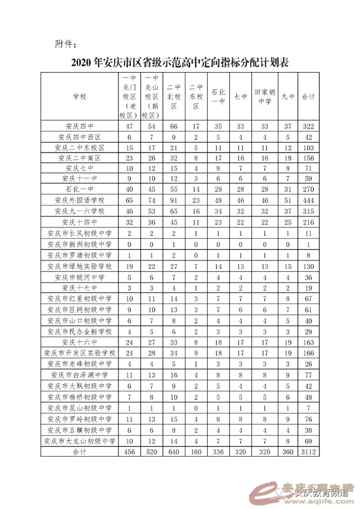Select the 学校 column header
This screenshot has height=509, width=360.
click(x=79, y=96)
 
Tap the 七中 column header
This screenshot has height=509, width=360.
click(x=240, y=96)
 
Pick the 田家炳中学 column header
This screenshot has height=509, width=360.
click(x=265, y=96)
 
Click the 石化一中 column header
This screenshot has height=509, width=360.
click(x=218, y=96)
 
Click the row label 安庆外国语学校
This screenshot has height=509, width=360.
click(x=79, y=200)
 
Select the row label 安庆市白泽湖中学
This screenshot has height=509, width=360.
click(x=79, y=373)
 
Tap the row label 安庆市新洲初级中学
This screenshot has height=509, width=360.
click(x=79, y=244)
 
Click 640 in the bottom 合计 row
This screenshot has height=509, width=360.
click(x=174, y=451)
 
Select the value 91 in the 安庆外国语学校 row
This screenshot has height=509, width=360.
click(x=174, y=200)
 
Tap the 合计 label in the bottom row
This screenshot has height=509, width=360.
click(x=79, y=451)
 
